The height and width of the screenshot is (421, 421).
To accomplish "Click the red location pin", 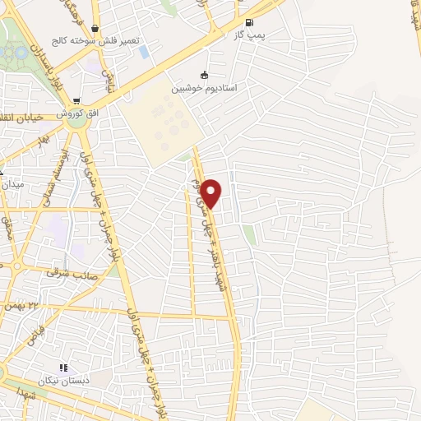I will click(211, 193).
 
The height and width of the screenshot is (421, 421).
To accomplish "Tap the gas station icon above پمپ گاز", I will click(250, 22).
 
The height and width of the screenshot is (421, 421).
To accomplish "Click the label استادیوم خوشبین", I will click(205, 87).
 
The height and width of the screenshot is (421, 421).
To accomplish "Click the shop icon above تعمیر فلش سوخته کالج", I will click(97, 26).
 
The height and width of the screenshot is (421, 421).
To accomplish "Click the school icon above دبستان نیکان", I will click(62, 368).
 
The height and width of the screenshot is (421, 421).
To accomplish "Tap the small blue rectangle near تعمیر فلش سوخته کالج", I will click(145, 52).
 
